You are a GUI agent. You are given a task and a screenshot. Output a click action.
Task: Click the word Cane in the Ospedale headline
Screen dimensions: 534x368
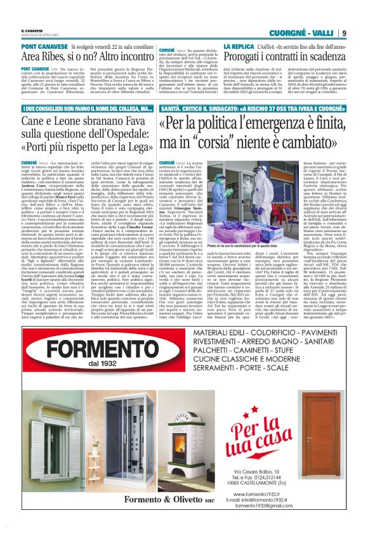36,122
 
